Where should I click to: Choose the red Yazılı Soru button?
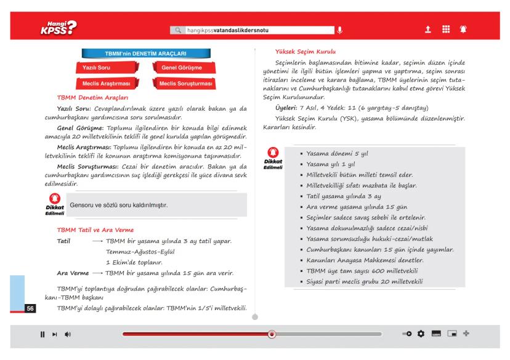tap(94, 68)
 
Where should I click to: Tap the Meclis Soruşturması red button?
tap(185, 83)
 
